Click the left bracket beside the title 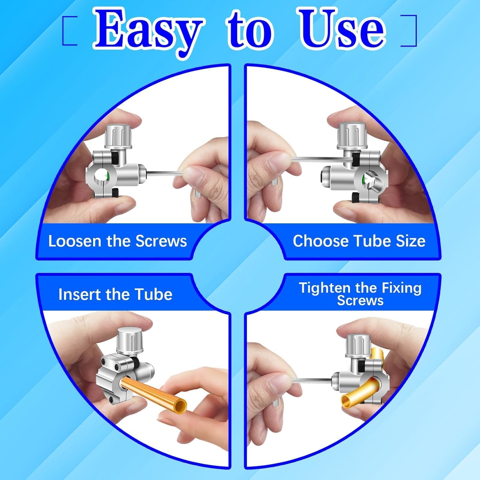click(x=69, y=31)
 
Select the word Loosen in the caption click(x=74, y=241)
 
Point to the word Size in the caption click(x=411, y=241)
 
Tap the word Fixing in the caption click(x=401, y=288)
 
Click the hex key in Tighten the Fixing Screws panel click(x=312, y=380)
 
